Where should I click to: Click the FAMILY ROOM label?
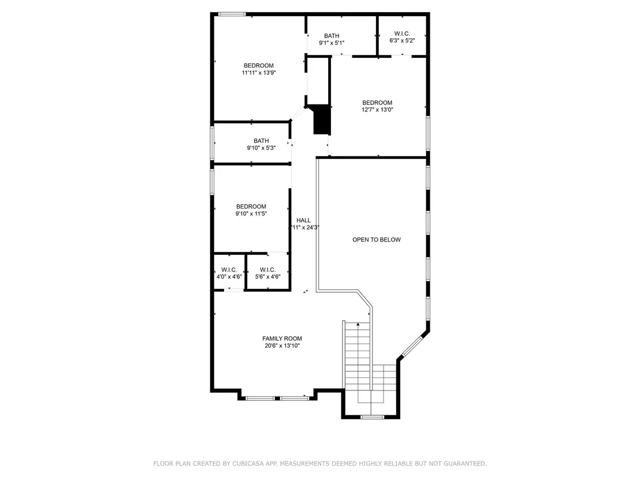282,338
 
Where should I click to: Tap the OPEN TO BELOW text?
377,240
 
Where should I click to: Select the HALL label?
303,221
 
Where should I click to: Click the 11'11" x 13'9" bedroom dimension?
259,73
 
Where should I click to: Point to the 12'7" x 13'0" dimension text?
377,109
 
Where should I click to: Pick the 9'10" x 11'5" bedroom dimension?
251,214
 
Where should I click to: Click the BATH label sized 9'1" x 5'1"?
332,36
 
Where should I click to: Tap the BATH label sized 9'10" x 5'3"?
261,141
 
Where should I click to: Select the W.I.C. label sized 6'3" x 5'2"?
402,34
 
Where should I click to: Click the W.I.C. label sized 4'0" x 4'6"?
229,270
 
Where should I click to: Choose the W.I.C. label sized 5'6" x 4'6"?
267,270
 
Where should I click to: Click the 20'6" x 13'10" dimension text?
282,346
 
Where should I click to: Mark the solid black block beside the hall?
321,119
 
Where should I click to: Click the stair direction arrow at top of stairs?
358,325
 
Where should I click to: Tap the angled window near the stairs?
414,347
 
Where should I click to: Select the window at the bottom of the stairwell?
372,416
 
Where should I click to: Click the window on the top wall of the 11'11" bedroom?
232,14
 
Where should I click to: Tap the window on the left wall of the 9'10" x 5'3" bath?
212,143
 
